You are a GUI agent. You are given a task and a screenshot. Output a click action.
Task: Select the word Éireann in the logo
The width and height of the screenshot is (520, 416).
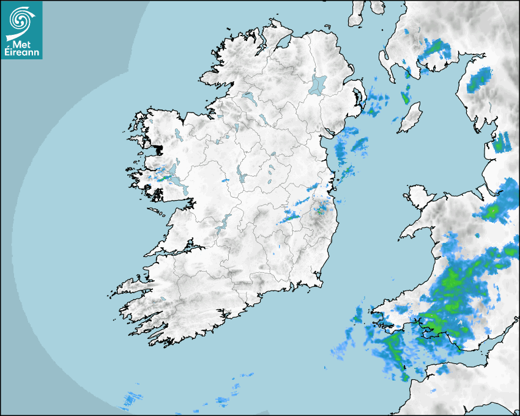[x=22, y=52]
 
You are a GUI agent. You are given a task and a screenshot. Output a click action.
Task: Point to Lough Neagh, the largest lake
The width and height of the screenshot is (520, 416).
[x=318, y=84]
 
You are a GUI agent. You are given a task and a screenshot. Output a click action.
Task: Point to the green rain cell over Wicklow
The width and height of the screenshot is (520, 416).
[x=319, y=210]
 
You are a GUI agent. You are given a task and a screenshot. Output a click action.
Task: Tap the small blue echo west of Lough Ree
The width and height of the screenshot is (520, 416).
[x=225, y=180]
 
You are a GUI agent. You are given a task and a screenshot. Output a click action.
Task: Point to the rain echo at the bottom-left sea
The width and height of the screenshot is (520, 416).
[x=130, y=400]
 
